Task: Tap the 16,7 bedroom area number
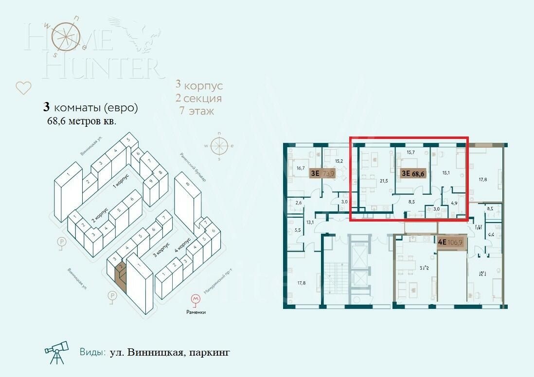pos(300,168)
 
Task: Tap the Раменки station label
pos(196,312)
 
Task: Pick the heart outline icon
pos(23,88)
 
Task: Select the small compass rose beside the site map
pos(219,145)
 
